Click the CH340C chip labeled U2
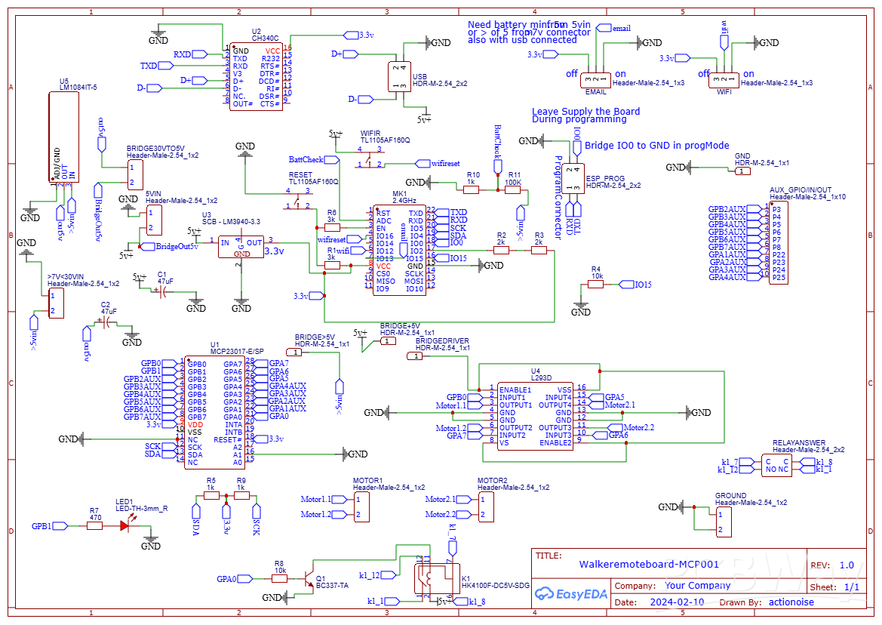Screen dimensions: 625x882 257,77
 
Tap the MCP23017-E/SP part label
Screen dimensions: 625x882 237,351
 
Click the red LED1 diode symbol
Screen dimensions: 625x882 124,525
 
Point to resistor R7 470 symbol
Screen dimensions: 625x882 94,525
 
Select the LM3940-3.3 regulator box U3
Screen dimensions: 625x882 241,247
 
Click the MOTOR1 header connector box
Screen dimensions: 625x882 362,506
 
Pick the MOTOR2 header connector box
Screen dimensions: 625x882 487,506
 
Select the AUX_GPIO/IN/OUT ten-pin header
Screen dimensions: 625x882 777,242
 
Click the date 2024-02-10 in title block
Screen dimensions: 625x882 677,602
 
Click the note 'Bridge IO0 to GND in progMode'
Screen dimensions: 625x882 656,145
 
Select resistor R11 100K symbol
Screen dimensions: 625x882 514,189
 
